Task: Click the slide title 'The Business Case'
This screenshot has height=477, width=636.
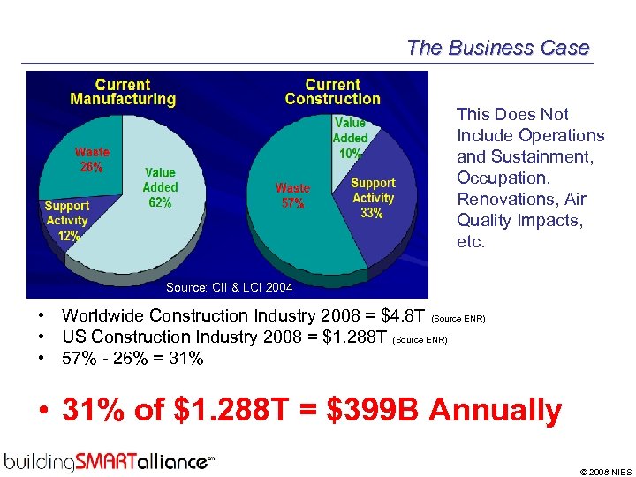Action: pos(497,48)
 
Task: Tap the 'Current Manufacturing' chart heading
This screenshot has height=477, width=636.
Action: pos(123,92)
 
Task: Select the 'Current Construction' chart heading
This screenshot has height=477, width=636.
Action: pos(332,92)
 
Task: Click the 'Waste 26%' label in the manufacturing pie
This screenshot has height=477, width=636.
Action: pos(92,159)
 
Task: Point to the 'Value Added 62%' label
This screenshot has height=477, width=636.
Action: pos(160,186)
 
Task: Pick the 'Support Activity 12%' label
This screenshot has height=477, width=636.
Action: pos(67,221)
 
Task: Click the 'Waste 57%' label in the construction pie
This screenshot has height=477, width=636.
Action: pos(292,195)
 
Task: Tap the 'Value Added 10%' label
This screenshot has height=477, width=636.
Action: pos(350,138)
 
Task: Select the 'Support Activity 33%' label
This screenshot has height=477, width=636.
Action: pos(373,198)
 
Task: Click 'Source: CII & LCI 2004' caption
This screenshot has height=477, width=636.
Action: pos(229,287)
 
